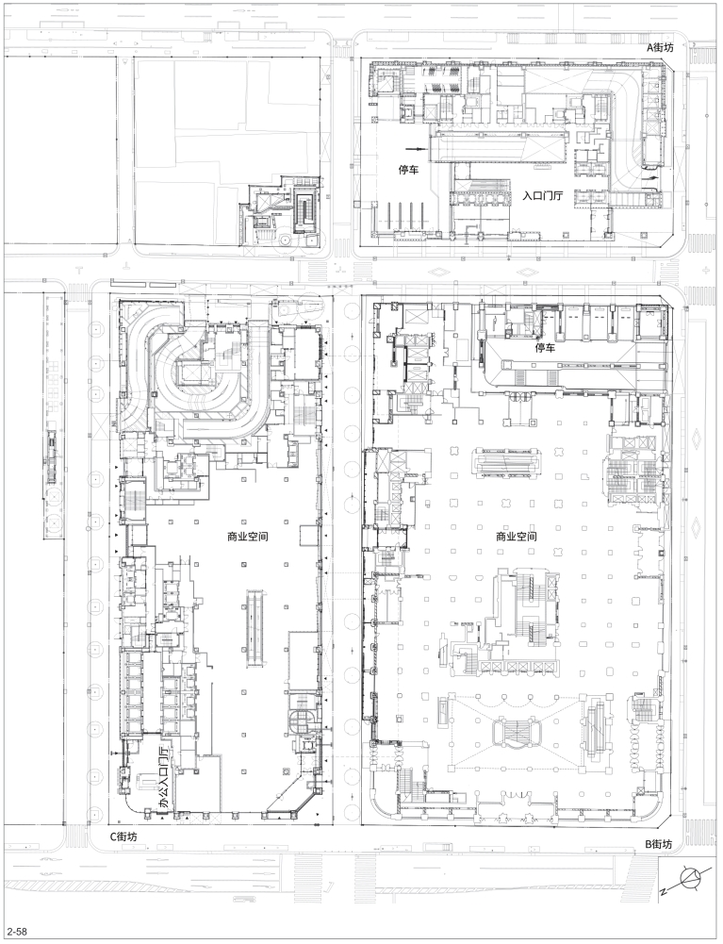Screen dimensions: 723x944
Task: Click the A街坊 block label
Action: click(x=660, y=48)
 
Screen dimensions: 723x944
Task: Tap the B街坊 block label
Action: click(x=658, y=844)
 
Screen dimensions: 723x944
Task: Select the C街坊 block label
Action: click(x=123, y=836)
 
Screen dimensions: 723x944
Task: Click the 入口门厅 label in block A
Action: click(x=542, y=196)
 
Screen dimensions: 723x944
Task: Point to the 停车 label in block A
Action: click(x=408, y=171)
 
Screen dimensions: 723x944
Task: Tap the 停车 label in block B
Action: click(x=545, y=348)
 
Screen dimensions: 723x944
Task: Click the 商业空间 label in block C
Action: click(x=247, y=537)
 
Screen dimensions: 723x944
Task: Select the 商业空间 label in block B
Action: click(x=517, y=537)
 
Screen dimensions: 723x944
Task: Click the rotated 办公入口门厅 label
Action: click(x=164, y=777)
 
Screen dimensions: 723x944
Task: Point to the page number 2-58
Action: click(x=17, y=932)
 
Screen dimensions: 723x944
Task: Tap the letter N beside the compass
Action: click(x=663, y=890)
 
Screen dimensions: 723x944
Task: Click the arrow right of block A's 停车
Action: click(x=416, y=148)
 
